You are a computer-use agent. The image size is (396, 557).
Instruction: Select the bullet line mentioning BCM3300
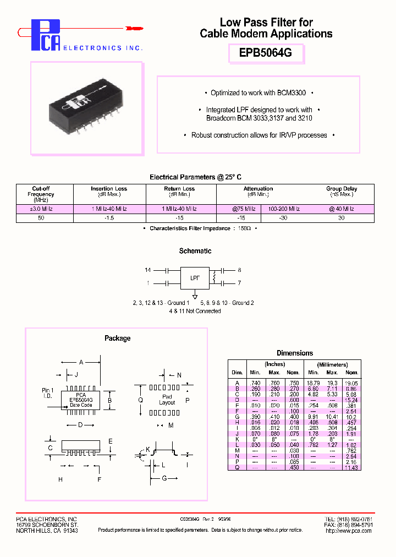[258, 93]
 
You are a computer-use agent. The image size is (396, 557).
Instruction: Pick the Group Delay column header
[341, 191]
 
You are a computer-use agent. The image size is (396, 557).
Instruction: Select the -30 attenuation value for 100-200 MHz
[284, 218]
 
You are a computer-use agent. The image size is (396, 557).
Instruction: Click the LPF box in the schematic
[195, 277]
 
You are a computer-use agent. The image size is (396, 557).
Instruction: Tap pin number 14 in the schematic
[147, 270]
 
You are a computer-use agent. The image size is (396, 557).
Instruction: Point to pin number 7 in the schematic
[239, 283]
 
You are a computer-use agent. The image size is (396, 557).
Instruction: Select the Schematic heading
[195, 251]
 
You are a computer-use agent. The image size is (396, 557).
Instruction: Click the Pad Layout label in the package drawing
[167, 400]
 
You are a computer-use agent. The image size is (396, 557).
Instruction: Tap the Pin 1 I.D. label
[48, 393]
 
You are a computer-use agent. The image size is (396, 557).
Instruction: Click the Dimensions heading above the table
[295, 353]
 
